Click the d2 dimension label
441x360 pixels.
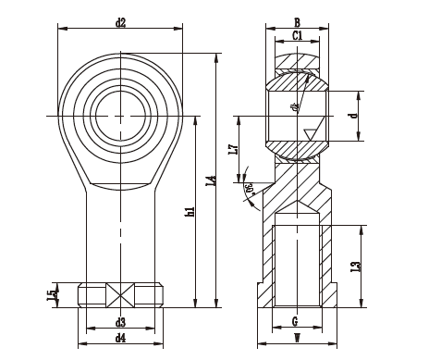tap(121, 21)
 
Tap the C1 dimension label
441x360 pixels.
tap(296, 36)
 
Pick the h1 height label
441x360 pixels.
tap(190, 211)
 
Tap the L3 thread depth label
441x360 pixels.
tap(355, 267)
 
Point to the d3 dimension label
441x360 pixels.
tap(120, 323)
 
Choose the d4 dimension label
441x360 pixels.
tap(120, 339)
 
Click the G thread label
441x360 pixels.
tap(295, 323)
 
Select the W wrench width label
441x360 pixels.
tap(295, 339)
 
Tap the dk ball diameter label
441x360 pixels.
tap(295, 107)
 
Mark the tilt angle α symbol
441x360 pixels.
tap(249, 189)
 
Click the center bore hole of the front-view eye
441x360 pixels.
tap(120, 115)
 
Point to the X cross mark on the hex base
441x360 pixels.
tap(120, 295)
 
